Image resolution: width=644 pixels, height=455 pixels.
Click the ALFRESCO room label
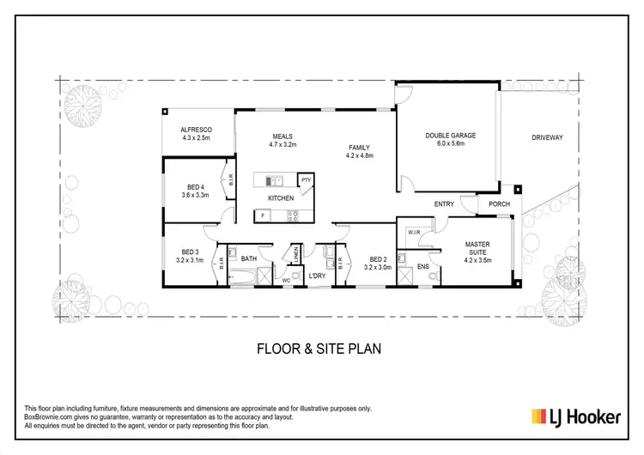pyautogui.click(x=197, y=129)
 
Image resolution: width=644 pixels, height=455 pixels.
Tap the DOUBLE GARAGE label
pyautogui.click(x=450, y=136)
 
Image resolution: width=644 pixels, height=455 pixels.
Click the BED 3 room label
pyautogui.click(x=188, y=252)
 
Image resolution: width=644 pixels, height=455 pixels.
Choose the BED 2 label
pyautogui.click(x=377, y=259)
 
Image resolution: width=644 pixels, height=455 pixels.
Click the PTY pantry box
pyautogui.click(x=305, y=179)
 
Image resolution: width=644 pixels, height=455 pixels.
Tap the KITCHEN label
pyautogui.click(x=281, y=198)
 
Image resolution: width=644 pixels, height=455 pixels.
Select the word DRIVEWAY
pyautogui.click(x=547, y=137)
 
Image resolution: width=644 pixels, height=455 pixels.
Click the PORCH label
pyautogui.click(x=500, y=204)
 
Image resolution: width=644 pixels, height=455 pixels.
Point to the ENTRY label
pyautogui.click(x=444, y=204)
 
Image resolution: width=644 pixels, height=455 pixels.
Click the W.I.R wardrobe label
pyautogui.click(x=413, y=232)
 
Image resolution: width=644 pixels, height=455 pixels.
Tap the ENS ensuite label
pyautogui.click(x=422, y=267)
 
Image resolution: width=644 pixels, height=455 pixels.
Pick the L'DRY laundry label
pyautogui.click(x=317, y=275)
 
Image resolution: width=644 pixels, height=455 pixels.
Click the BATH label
pyautogui.click(x=249, y=258)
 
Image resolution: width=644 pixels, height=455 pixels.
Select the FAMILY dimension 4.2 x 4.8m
pyautogui.click(x=359, y=155)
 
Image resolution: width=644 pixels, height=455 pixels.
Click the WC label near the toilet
pyautogui.click(x=287, y=280)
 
